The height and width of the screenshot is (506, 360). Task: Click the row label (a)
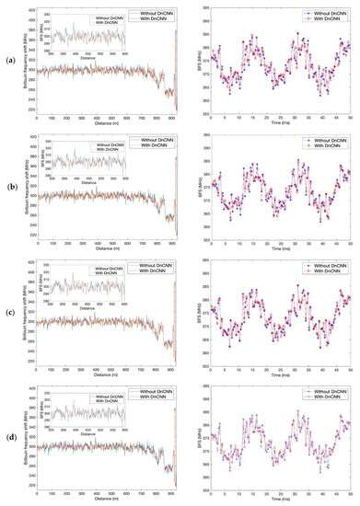8,62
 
